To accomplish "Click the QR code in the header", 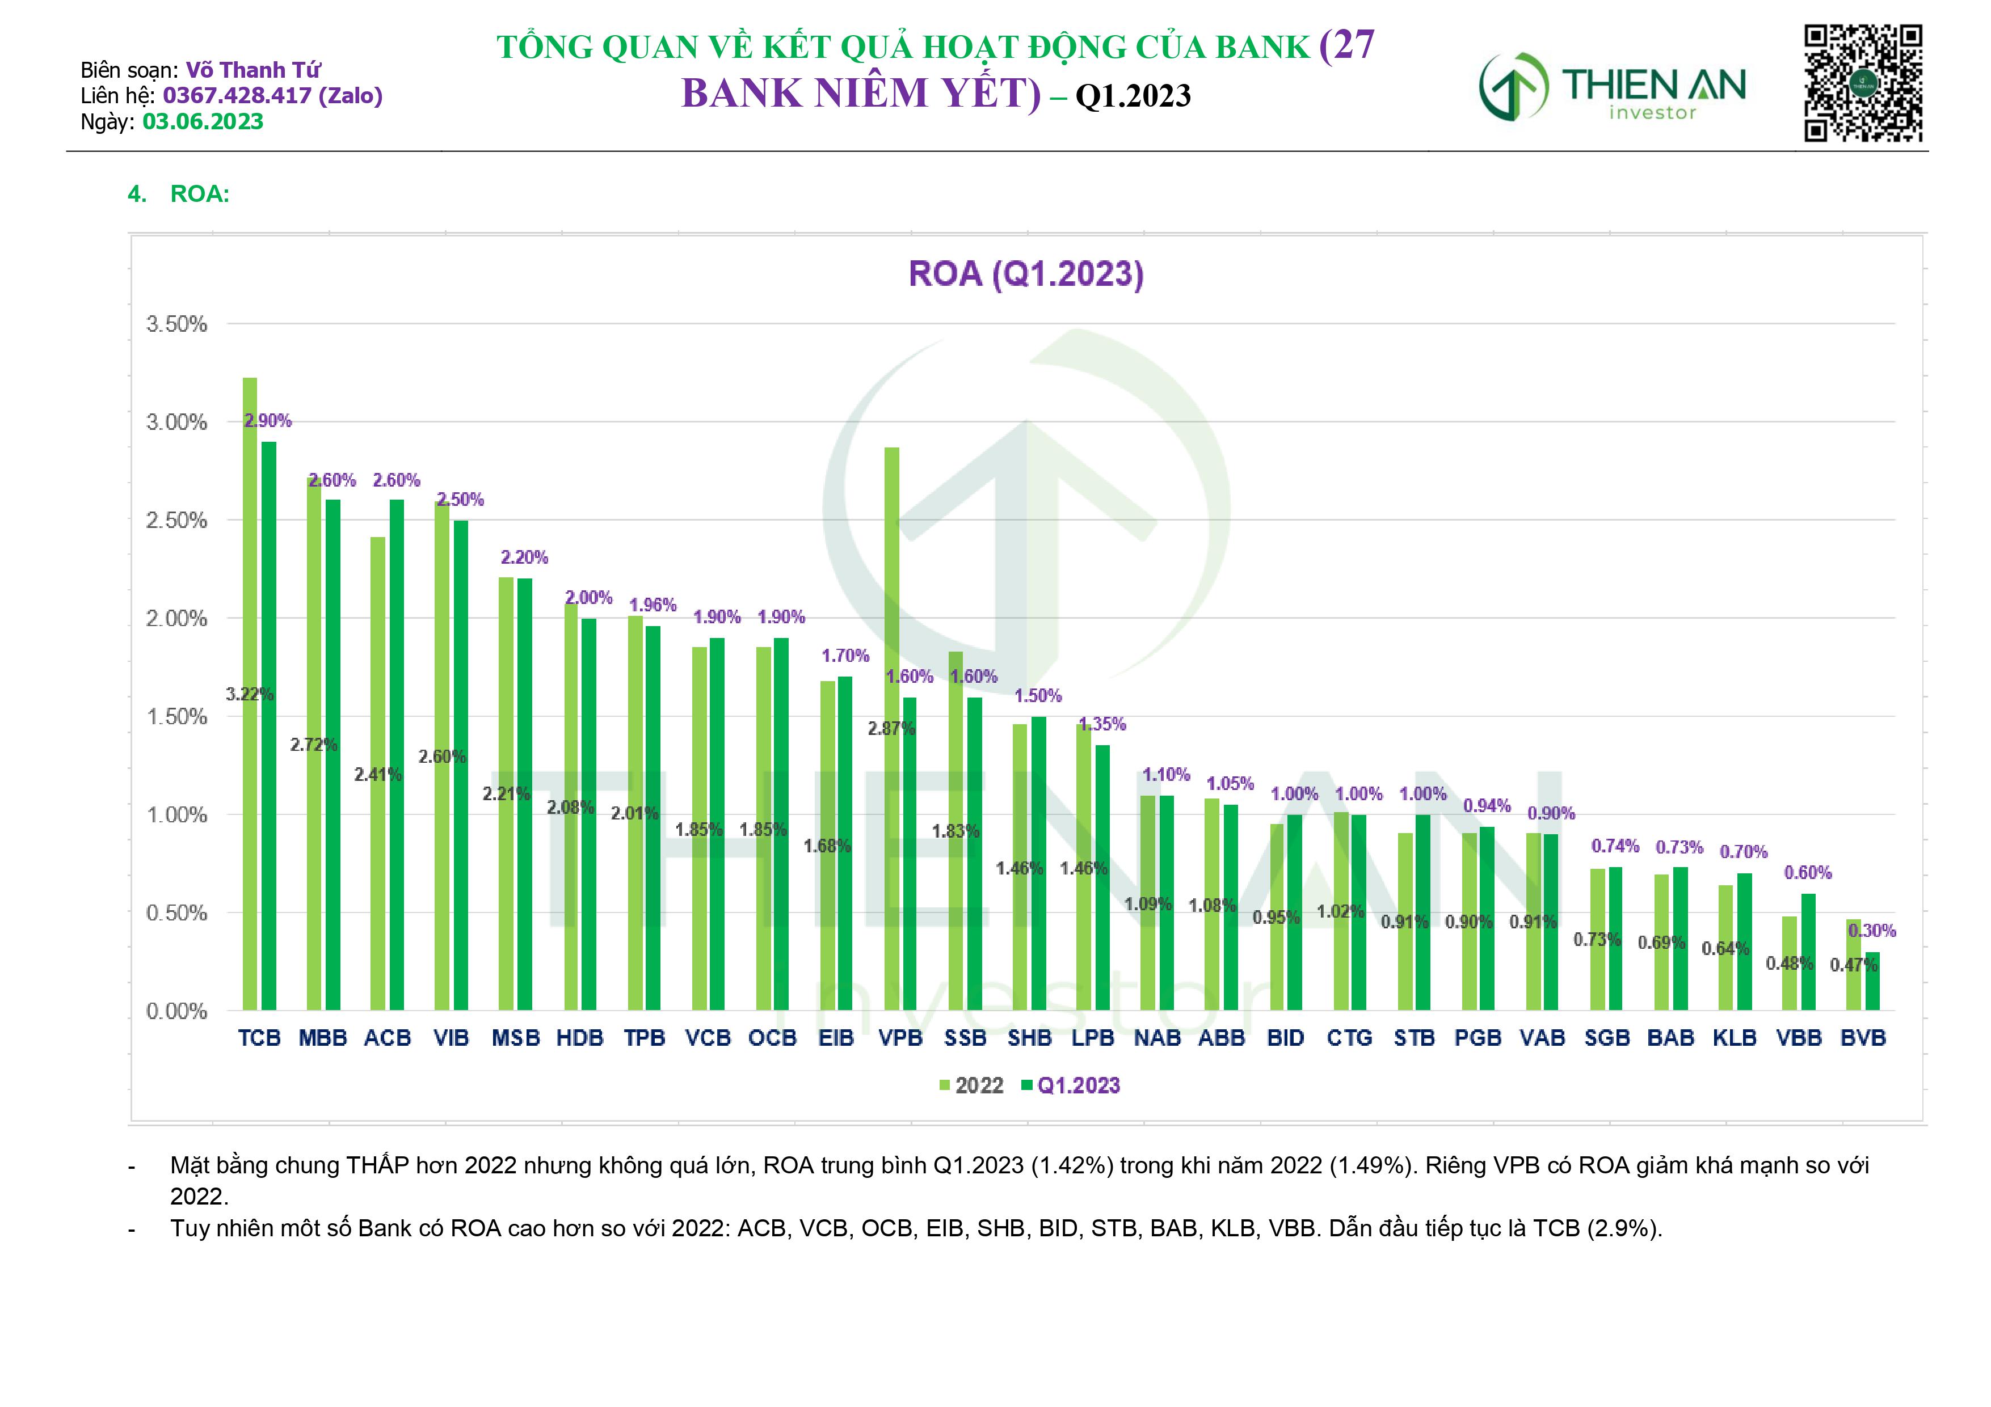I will coord(1863,83).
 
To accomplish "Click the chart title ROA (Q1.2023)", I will coord(1026,274).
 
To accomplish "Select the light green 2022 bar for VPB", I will coord(891,728).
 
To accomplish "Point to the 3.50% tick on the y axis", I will coord(177,324).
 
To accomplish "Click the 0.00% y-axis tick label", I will coord(177,1011).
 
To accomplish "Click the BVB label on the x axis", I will coord(1863,1038).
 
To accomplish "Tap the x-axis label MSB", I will coord(516,1038).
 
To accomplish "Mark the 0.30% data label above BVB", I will coord(1871,930).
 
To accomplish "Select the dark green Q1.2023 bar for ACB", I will coord(396,754).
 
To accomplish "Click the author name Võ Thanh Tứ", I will coord(253,69).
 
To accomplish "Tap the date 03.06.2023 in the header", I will coord(203,121).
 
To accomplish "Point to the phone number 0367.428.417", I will coord(237,95).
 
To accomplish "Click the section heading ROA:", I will coord(200,194).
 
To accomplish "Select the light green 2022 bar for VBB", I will coord(1789,963).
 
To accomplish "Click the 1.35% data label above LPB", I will coord(1102,724).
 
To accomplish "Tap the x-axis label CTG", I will coord(1349,1038).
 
